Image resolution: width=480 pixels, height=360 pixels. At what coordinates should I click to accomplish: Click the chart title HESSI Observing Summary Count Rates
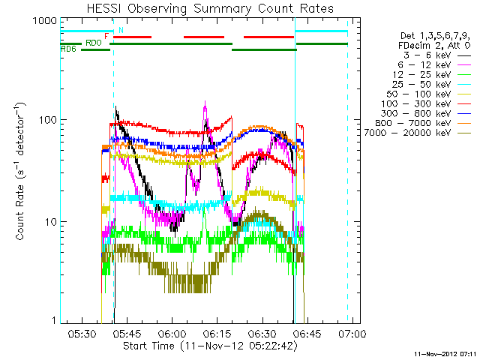point(210,8)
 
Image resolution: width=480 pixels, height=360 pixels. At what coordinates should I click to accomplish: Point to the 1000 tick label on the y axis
point(45,21)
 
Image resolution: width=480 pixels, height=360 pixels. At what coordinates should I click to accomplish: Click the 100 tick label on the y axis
point(48,120)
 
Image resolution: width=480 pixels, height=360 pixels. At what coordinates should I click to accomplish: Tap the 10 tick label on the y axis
point(51,222)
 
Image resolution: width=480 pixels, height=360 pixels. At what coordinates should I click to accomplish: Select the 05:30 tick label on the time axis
point(82,333)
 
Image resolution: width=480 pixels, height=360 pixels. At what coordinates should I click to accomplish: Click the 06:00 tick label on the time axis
point(172,333)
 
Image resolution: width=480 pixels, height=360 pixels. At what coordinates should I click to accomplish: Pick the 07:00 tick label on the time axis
point(352,333)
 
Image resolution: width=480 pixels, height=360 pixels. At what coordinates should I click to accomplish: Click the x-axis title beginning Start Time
point(210,346)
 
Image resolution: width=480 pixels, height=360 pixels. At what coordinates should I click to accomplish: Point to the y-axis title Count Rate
point(20,172)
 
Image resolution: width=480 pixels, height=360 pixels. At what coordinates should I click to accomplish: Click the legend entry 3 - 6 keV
point(427,55)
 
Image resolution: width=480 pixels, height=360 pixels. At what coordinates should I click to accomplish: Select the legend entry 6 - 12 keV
point(424,65)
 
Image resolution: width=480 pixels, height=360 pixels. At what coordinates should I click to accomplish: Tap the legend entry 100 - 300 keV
point(415,103)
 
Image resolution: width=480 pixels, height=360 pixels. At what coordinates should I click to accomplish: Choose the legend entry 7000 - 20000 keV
point(407,133)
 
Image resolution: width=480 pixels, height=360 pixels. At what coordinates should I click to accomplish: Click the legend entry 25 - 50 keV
point(421,85)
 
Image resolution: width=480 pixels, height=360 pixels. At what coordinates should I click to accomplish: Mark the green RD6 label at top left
point(68,49)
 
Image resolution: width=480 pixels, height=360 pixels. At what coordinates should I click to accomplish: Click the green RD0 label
point(93,43)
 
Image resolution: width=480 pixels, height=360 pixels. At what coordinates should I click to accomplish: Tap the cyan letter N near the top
point(121,30)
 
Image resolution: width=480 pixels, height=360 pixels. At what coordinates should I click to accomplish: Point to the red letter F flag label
point(106,36)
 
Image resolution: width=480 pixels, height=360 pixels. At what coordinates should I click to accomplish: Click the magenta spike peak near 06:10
point(205,101)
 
